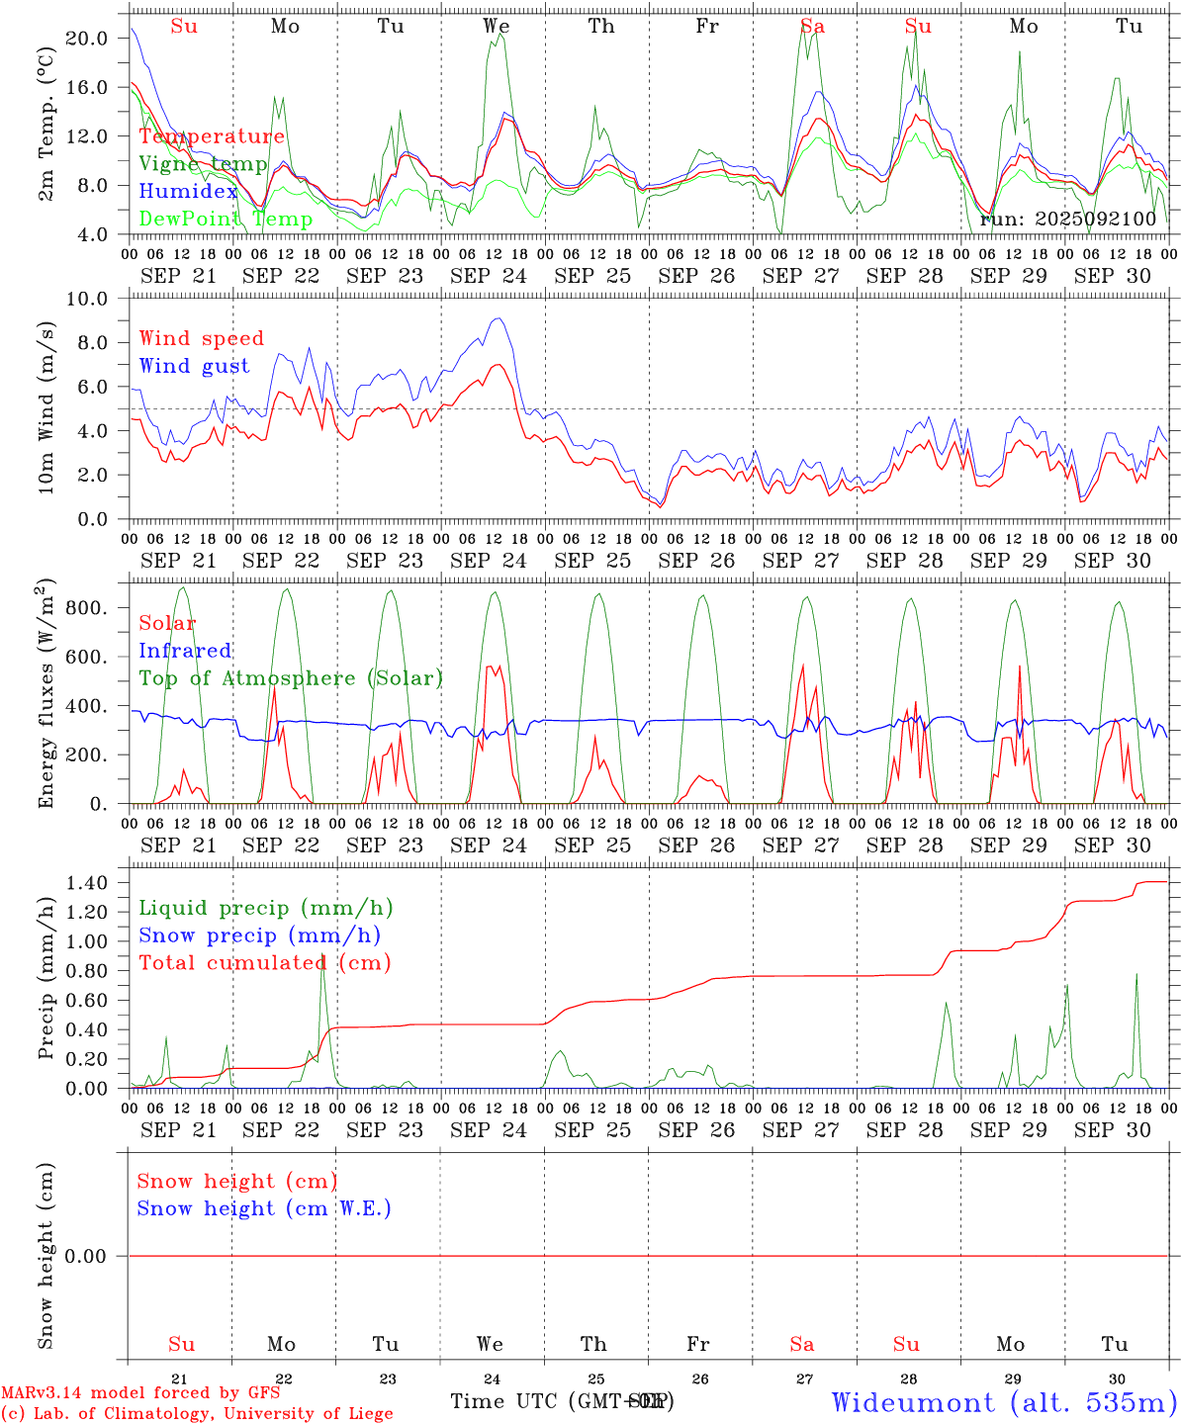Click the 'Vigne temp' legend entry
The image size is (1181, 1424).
pyautogui.click(x=203, y=164)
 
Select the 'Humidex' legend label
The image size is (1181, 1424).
pyautogui.click(x=188, y=192)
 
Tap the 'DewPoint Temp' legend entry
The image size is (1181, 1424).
pyautogui.click(x=226, y=220)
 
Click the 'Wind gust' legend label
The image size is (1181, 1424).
pyautogui.click(x=194, y=366)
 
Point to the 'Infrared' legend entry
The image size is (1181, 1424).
pyautogui.click(x=185, y=651)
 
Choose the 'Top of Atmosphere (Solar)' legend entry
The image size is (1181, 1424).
pyautogui.click(x=290, y=678)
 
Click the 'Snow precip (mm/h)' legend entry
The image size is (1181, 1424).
pyautogui.click(x=259, y=935)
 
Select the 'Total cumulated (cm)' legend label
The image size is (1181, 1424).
pyautogui.click(x=264, y=962)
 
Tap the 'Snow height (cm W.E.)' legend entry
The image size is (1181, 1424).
pyautogui.click(x=263, y=1208)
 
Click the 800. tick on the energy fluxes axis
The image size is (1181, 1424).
pyautogui.click(x=86, y=608)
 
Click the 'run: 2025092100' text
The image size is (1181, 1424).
pyautogui.click(x=1067, y=219)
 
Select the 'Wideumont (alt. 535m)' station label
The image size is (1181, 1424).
pyautogui.click(x=1004, y=1401)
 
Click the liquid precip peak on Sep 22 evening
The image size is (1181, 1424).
pyautogui.click(x=322, y=957)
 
